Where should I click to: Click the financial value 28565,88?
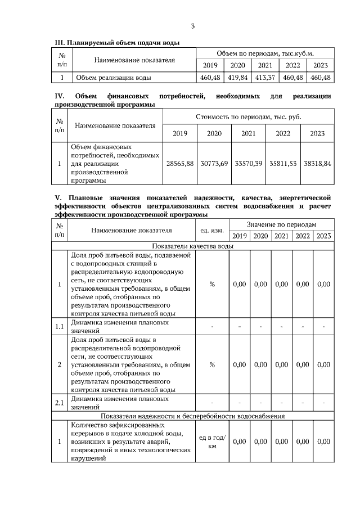point(180,163)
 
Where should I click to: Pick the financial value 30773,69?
point(214,163)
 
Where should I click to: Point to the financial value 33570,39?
point(248,163)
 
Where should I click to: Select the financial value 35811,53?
point(283,163)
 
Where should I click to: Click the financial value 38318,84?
point(317,163)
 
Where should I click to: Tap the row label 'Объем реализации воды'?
point(113,78)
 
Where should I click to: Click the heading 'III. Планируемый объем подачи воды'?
point(116,43)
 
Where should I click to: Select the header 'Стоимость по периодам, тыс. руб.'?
point(248,117)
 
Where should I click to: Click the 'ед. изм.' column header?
point(212,230)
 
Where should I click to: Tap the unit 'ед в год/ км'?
point(212,442)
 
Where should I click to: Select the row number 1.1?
point(59,326)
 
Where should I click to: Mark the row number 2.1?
point(59,403)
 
